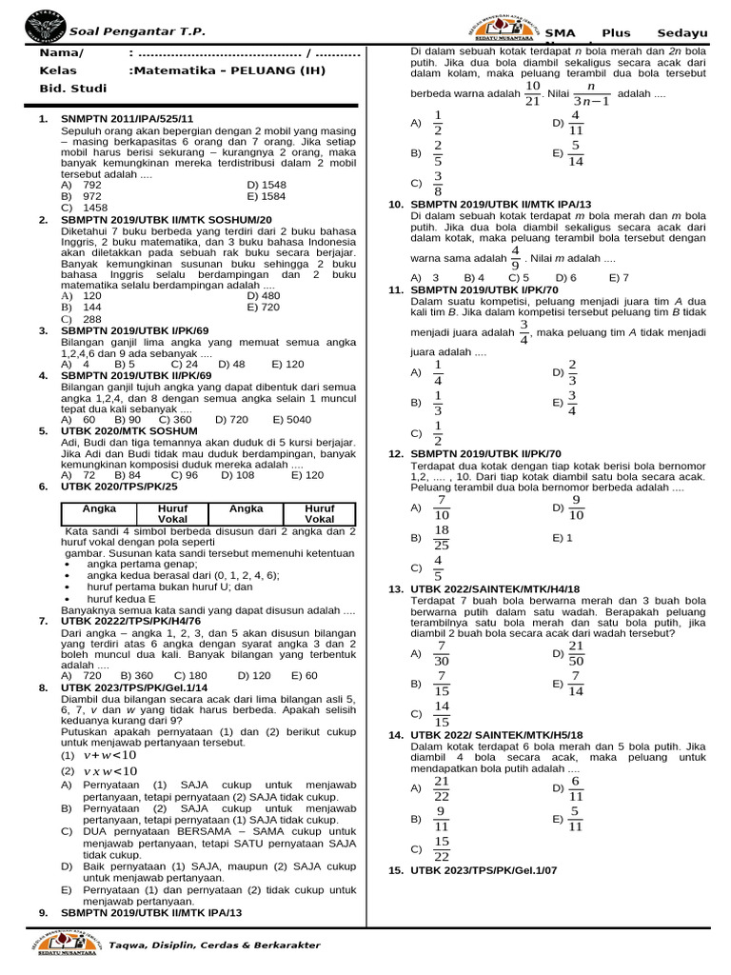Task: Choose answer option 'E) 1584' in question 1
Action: click(266, 196)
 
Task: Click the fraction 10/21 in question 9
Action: click(533, 93)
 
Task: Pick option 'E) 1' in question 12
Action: click(563, 538)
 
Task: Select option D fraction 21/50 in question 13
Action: click(575, 653)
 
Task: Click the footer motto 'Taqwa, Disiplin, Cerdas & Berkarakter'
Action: click(214, 945)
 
